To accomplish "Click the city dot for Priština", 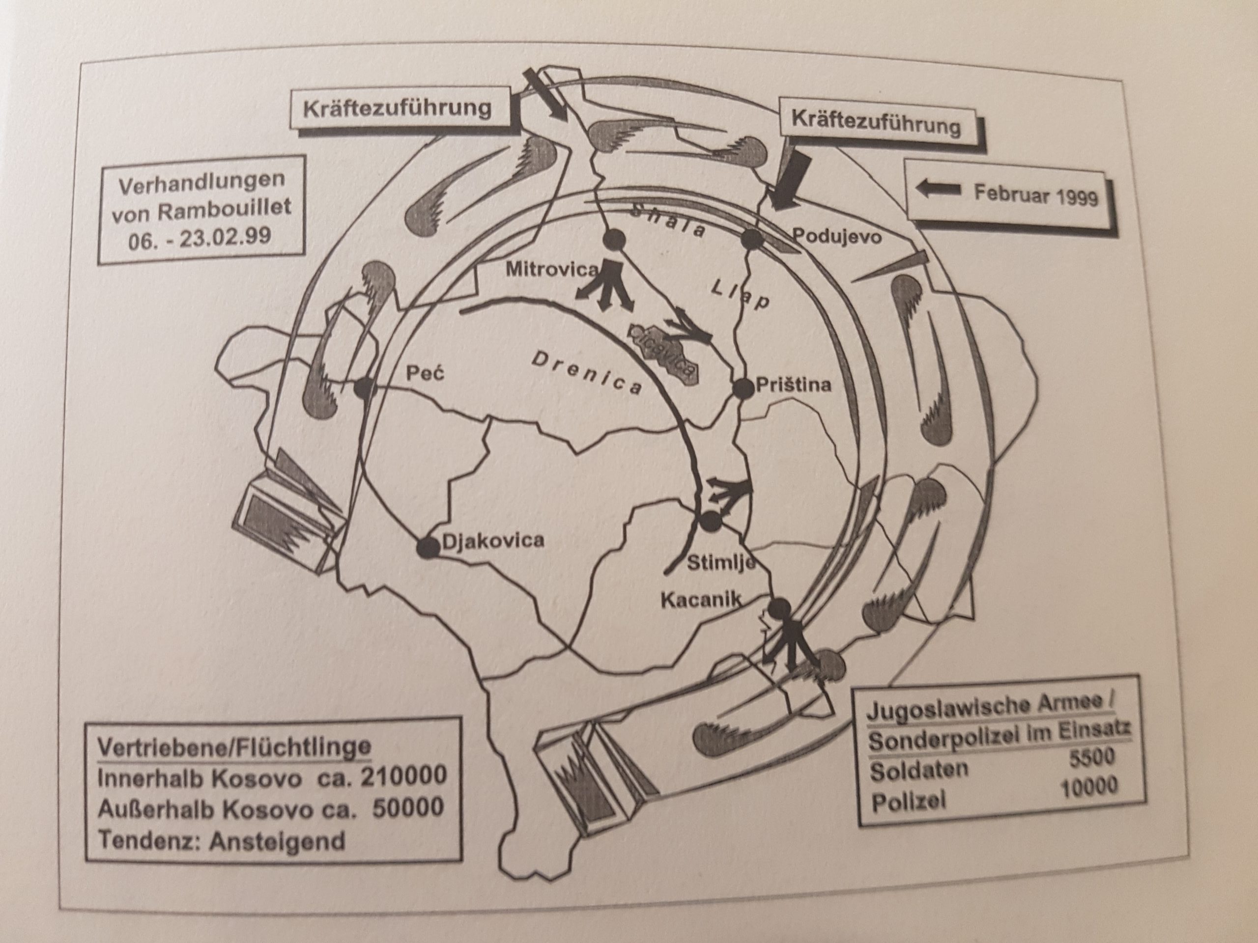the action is pos(742,389).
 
